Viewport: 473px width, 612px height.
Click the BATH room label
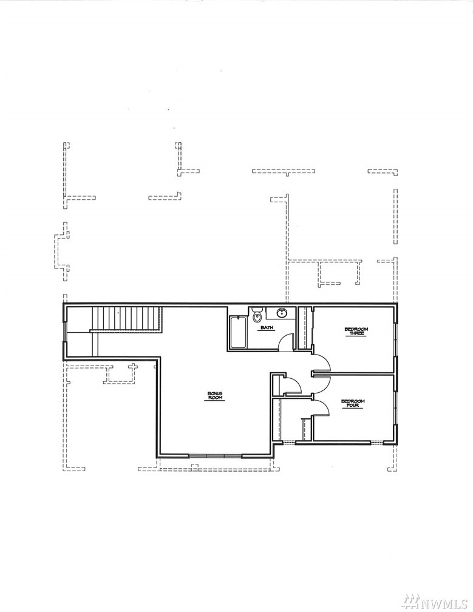click(267, 328)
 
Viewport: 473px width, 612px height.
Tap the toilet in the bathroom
click(256, 315)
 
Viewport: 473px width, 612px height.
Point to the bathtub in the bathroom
click(238, 332)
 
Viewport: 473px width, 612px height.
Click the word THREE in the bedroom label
click(356, 334)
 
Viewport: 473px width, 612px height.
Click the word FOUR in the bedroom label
click(353, 406)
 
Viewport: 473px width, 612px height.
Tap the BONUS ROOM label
click(215, 395)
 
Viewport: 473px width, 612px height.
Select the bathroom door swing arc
click(287, 339)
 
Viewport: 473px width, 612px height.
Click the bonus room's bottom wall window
click(216, 455)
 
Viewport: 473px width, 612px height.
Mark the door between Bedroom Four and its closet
click(307, 429)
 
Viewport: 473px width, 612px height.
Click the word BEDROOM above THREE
click(356, 329)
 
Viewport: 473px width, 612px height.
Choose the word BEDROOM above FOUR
click(353, 401)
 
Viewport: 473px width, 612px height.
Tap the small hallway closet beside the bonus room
click(278, 385)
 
